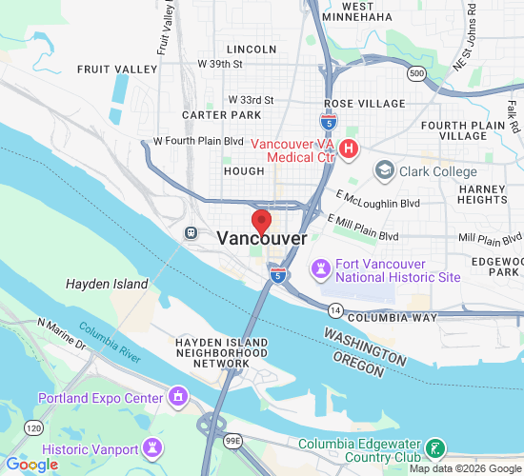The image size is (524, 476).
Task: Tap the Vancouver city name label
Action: click(262, 239)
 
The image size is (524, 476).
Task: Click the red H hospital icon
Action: click(349, 149)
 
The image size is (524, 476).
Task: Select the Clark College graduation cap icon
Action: click(385, 170)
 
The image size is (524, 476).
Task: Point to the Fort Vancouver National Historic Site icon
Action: click(321, 269)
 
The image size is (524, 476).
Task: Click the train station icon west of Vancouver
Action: click(191, 232)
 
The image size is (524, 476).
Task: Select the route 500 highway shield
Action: click(414, 73)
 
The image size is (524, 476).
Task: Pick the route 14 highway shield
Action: click(335, 310)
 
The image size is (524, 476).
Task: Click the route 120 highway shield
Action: click(33, 428)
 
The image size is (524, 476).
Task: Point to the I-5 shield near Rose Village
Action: click(326, 121)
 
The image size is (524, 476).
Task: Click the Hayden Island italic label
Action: click(107, 284)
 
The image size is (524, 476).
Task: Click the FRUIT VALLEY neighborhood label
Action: click(117, 69)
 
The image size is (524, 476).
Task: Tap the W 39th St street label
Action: click(221, 63)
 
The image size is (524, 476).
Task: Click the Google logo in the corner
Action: click(31, 465)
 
